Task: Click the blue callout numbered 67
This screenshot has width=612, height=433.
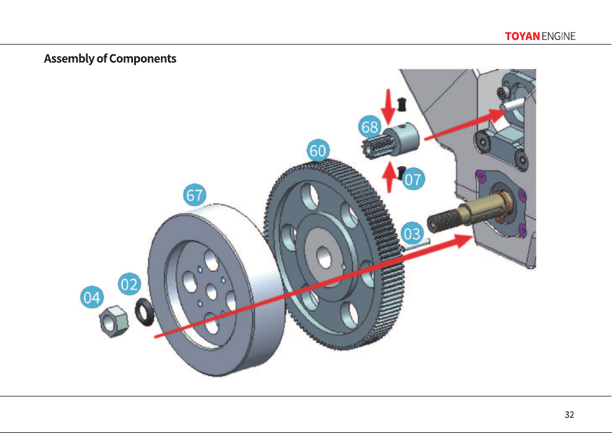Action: click(x=195, y=195)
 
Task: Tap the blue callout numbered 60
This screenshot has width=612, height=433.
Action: click(x=318, y=150)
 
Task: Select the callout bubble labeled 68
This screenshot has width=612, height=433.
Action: click(x=369, y=127)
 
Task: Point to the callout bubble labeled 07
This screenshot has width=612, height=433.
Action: click(x=413, y=179)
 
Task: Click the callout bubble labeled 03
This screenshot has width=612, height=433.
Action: click(x=412, y=234)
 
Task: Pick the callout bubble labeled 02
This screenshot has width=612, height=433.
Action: click(x=129, y=284)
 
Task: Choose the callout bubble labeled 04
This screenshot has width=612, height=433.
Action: click(x=92, y=298)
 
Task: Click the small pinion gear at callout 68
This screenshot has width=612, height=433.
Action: click(x=390, y=142)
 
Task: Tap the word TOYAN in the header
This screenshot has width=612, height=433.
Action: click(x=522, y=37)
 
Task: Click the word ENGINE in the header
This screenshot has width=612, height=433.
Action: click(x=558, y=37)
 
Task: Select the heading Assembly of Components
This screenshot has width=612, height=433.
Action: click(x=110, y=59)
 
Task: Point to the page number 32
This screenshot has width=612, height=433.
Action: click(x=569, y=415)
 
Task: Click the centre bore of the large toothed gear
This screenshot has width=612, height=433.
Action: click(x=324, y=258)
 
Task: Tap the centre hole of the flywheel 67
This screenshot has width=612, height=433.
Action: click(x=211, y=292)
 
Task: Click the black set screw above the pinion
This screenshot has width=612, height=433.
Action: click(x=401, y=104)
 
